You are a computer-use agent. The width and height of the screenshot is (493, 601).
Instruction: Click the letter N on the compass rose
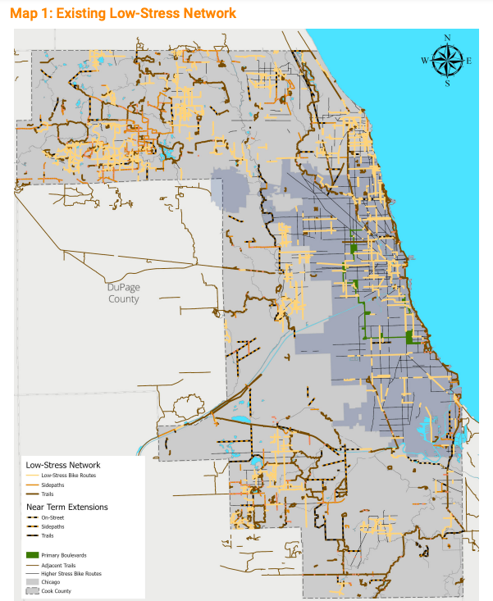point(447,38)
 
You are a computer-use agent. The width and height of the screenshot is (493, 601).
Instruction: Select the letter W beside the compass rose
point(424,61)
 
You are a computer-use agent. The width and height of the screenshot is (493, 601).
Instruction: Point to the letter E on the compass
point(468,61)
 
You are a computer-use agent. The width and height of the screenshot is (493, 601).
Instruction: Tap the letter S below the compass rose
point(447,83)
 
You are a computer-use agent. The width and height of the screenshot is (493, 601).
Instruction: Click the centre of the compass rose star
point(447,60)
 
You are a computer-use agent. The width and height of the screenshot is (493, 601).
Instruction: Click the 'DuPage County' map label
point(123,293)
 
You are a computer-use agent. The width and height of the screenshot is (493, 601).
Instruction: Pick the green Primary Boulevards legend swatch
point(32,555)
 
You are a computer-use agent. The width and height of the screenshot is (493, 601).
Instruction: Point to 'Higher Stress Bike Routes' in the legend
point(71,574)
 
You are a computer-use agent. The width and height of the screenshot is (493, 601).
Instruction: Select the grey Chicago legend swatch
point(32,582)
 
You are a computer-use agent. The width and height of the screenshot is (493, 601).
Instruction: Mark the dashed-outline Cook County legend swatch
point(32,591)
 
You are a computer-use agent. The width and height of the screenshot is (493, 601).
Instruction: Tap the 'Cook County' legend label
point(56,591)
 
